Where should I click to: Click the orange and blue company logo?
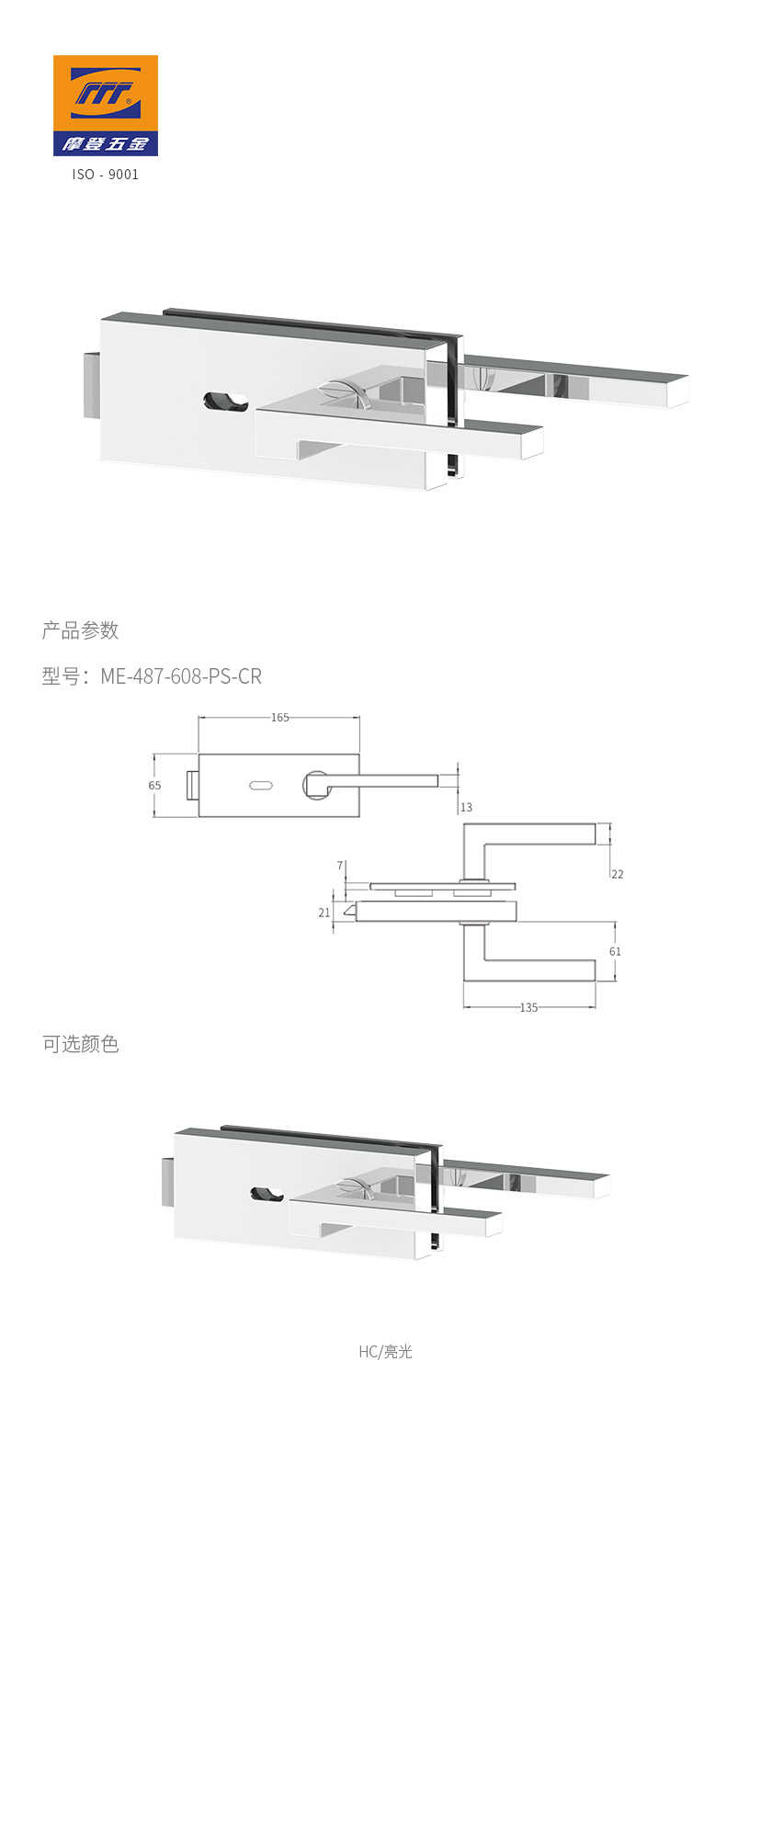105,105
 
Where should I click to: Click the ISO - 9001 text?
106,174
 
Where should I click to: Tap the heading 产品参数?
80,630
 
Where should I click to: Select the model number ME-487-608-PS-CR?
181,676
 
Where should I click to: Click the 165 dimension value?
279,718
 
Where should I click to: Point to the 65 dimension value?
154,786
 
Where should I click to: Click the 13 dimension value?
466,807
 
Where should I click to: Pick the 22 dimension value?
617,874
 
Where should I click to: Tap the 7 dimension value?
340,866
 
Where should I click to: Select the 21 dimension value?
324,913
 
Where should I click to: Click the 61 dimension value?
615,951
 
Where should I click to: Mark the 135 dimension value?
528,1007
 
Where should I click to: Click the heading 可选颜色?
80,1044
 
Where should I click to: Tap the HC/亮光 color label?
385,1351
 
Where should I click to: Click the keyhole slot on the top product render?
226,402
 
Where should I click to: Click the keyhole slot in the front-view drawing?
260,785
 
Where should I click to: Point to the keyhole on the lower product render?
267,1194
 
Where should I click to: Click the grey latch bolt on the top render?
91,384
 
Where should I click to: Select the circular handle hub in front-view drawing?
316,784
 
